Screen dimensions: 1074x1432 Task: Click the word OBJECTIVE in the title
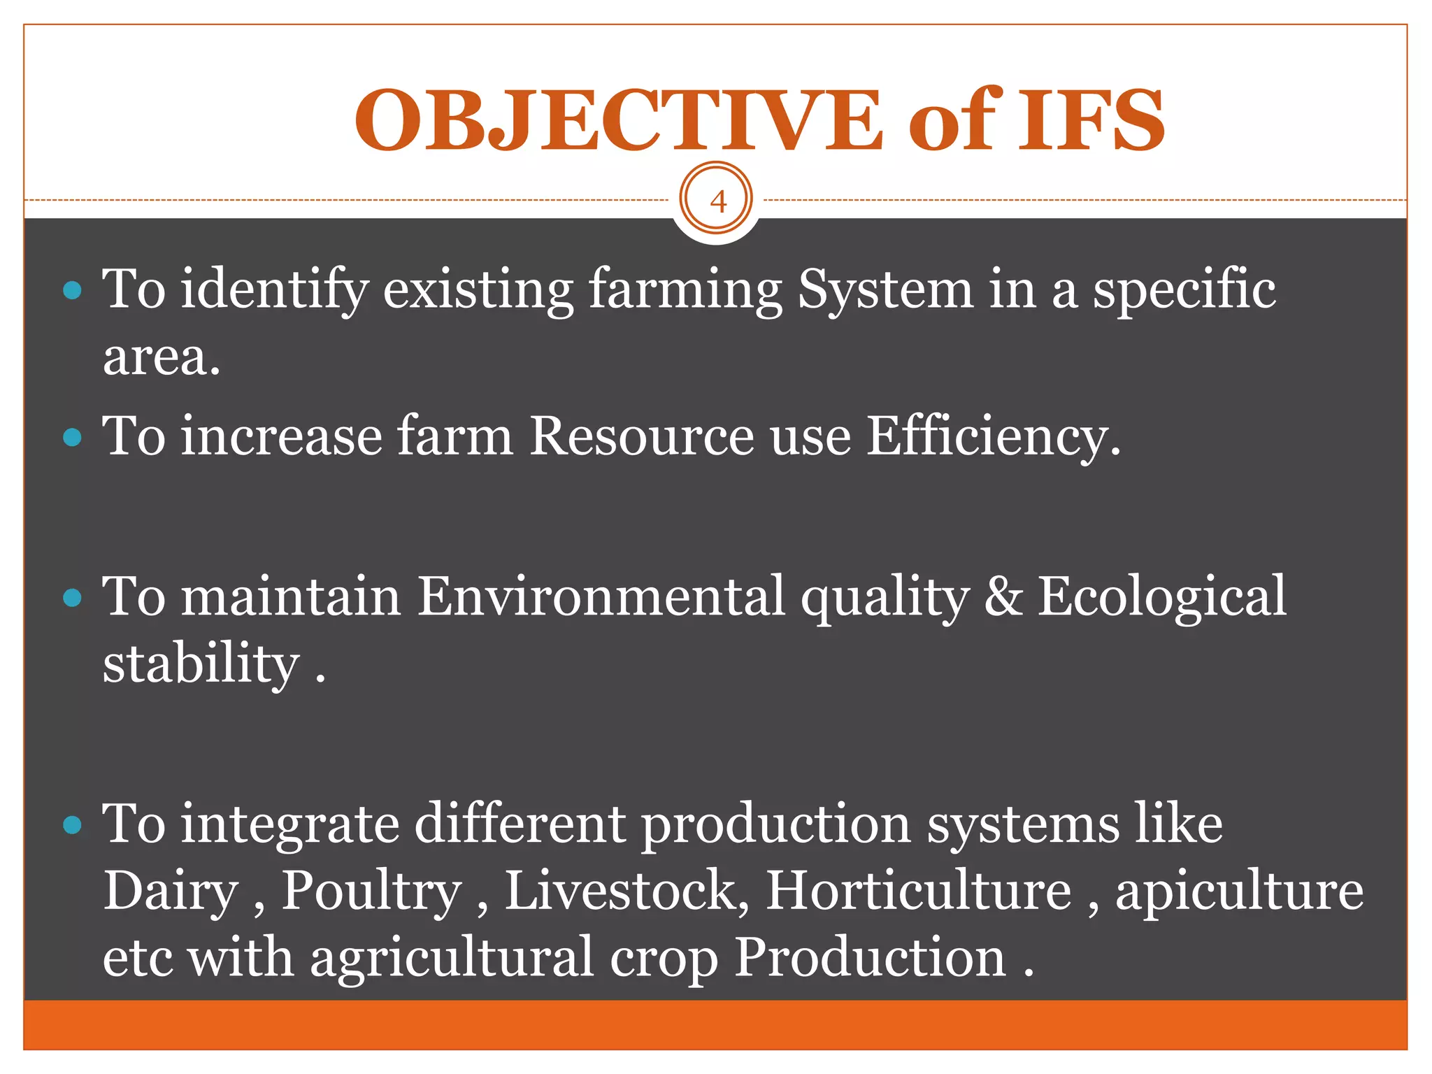tap(619, 120)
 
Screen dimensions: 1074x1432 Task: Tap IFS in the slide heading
tap(1091, 120)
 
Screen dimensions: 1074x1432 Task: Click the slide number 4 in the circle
tap(717, 201)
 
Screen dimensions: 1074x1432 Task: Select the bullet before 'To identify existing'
tap(72, 290)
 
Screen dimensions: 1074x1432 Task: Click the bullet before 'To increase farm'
tap(72, 438)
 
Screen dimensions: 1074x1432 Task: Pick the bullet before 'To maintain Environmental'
tap(72, 598)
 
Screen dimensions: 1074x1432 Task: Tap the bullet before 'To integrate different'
tap(72, 826)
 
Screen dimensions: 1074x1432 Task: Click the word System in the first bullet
tap(885, 290)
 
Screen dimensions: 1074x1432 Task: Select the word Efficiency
tap(993, 438)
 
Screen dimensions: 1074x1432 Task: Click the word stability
tap(201, 664)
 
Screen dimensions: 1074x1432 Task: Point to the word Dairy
tap(171, 892)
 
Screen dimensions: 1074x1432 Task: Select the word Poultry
tap(371, 892)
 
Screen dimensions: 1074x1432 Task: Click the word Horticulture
tap(918, 892)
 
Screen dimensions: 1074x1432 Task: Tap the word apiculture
tap(1239, 892)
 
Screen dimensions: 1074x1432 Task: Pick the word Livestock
tap(626, 892)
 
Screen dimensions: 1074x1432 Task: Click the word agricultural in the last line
tap(452, 958)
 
